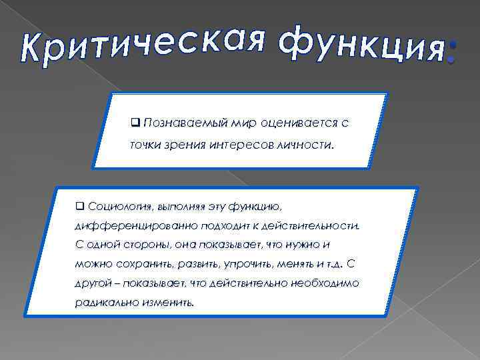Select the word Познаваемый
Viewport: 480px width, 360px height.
[x=179, y=123]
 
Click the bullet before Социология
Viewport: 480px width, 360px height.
[x=79, y=204]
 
